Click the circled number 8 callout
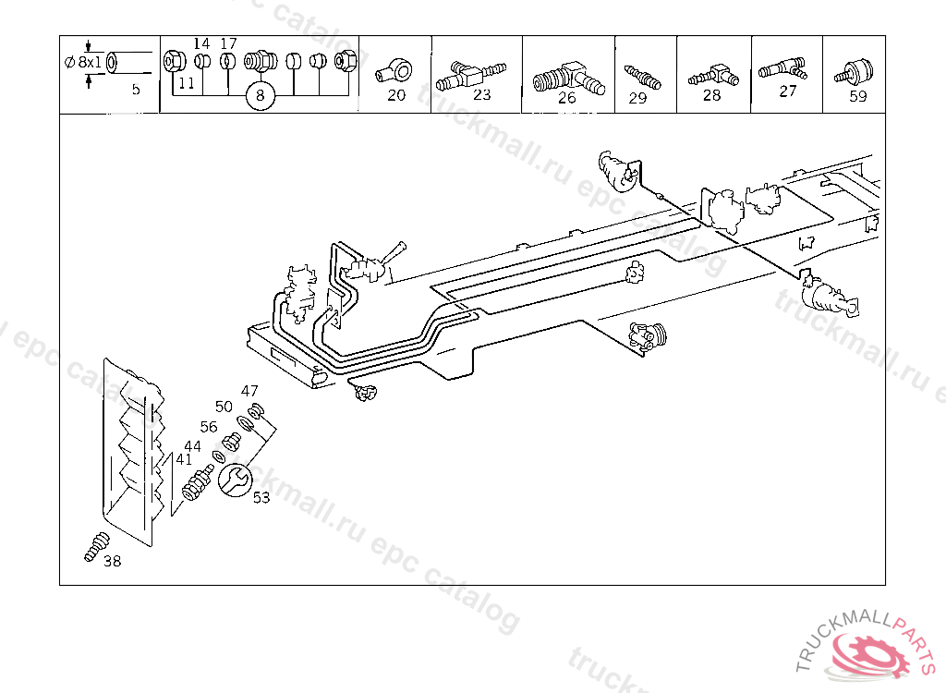click(x=261, y=95)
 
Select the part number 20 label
click(x=396, y=95)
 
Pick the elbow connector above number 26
click(x=567, y=72)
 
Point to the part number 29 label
click(x=637, y=98)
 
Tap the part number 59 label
click(x=858, y=96)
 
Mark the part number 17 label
click(x=229, y=43)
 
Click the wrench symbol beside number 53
click(x=234, y=479)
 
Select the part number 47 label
click(x=250, y=391)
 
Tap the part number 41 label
click(x=184, y=459)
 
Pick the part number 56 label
click(x=209, y=427)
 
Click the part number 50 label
click(x=224, y=407)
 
